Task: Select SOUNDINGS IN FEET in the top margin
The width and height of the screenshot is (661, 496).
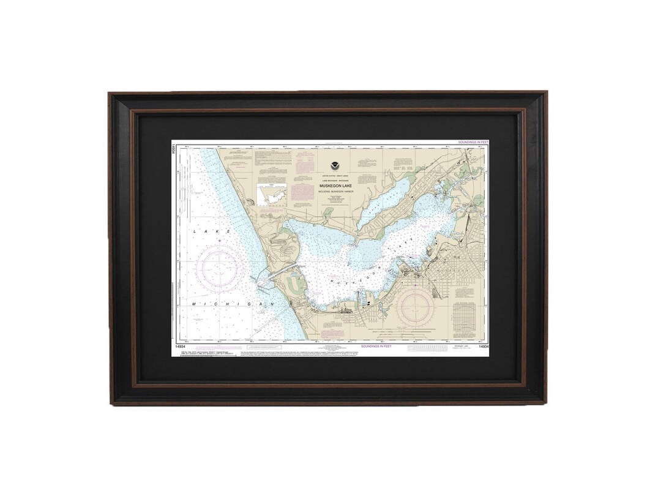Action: (473, 142)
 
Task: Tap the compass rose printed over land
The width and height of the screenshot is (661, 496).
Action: (416, 306)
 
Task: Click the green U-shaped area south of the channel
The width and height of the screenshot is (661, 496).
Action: (296, 284)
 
